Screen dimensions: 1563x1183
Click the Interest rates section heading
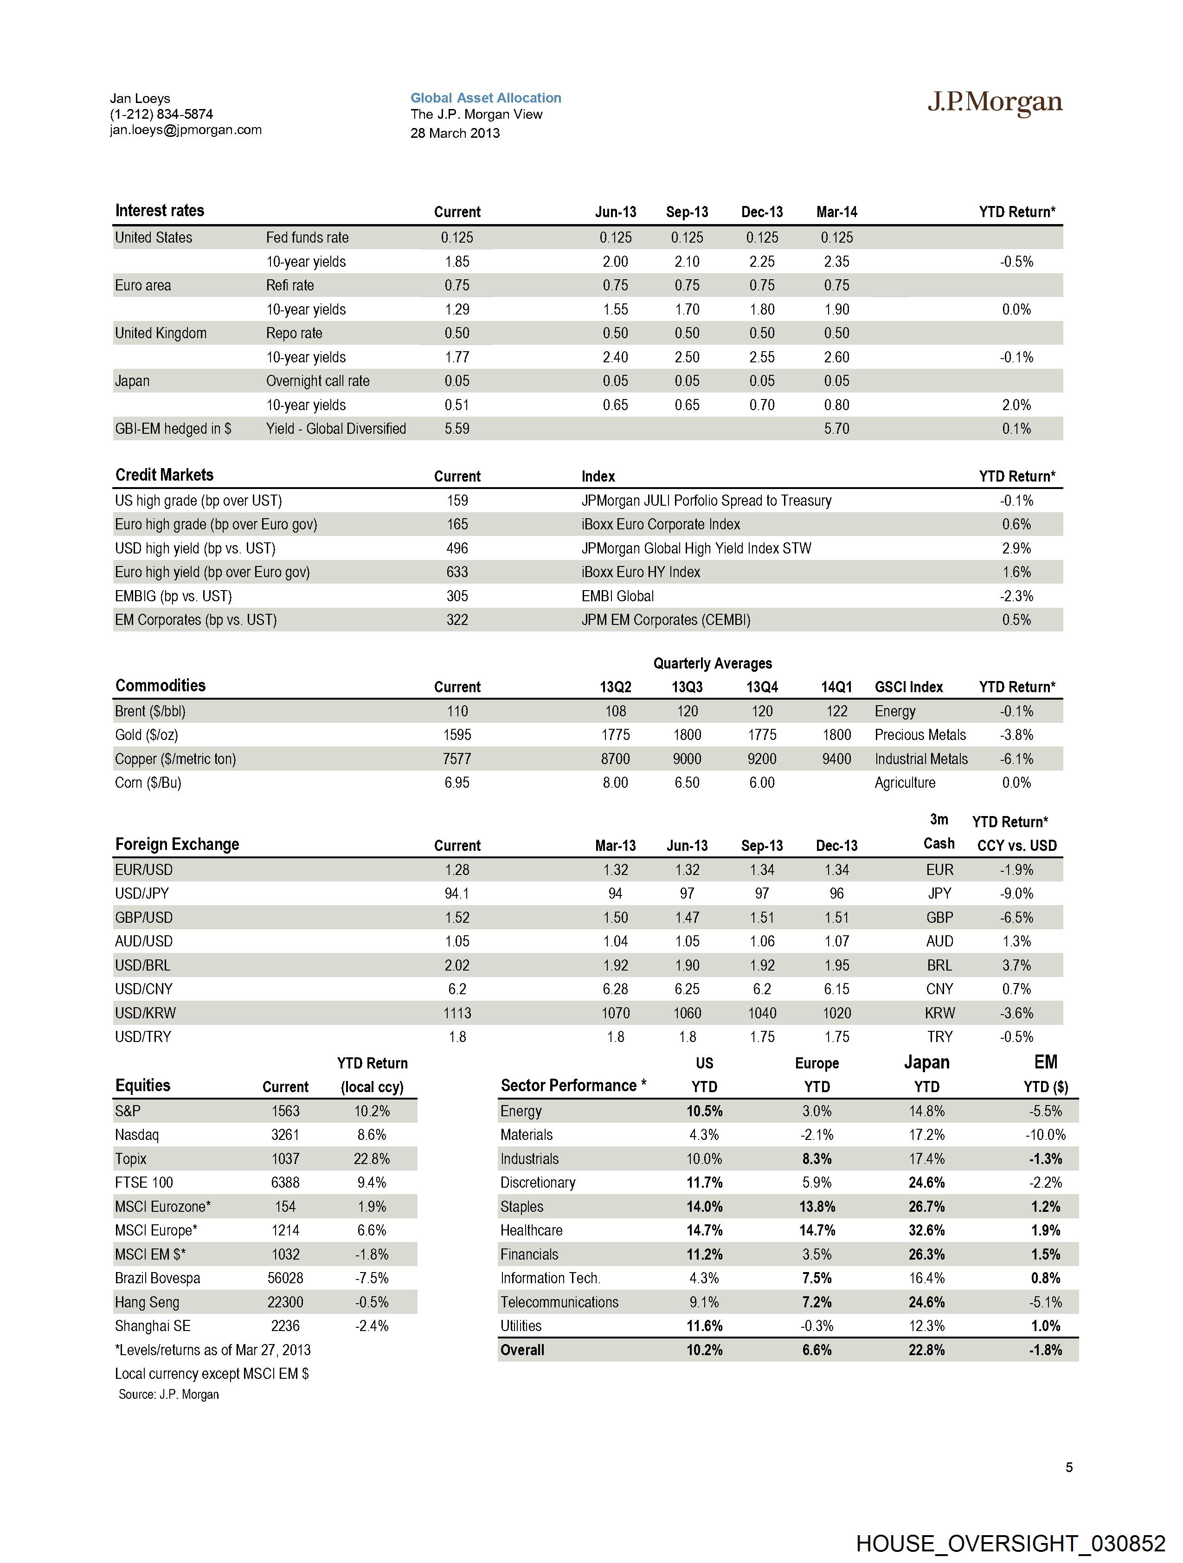[160, 211]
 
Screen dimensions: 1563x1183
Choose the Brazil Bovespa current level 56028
[285, 1278]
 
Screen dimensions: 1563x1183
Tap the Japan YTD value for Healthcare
[926, 1230]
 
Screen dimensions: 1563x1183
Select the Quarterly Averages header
[712, 663]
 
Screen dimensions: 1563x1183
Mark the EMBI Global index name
[617, 596]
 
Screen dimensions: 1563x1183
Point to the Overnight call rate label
[317, 381]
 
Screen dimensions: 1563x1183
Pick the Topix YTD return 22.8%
[372, 1159]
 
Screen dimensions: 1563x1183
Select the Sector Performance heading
[573, 1085]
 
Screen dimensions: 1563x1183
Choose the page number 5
[1068, 1467]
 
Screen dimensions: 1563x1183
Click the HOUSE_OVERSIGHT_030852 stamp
[1010, 1543]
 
